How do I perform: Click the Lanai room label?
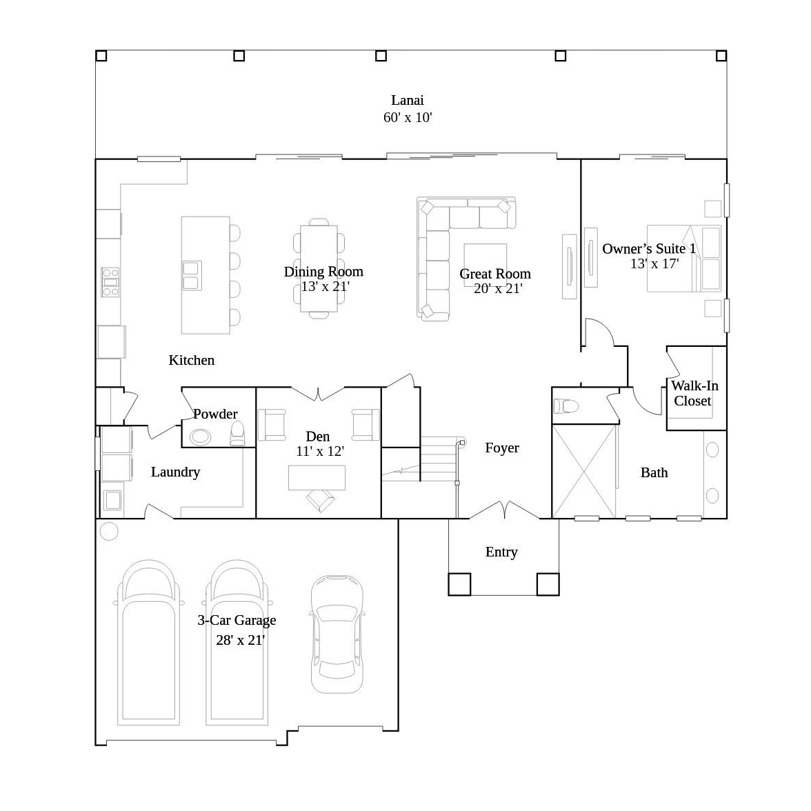(408, 101)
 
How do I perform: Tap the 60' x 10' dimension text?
(408, 117)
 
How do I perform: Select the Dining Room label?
(323, 272)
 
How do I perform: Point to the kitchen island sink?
(192, 276)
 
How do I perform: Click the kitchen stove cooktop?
(110, 283)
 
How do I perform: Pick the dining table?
(319, 268)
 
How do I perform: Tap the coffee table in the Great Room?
(485, 265)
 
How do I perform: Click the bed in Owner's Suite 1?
(684, 259)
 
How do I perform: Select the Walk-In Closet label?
(694, 393)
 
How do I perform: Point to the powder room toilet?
(237, 433)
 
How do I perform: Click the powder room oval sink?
(200, 437)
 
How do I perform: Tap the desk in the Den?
(317, 477)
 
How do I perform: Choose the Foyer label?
(502, 448)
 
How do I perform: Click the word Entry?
(501, 552)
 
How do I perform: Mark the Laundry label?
(175, 472)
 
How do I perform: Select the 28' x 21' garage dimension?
(240, 640)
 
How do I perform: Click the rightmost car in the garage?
(337, 634)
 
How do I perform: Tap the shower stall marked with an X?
(584, 471)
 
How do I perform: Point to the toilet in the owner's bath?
(565, 406)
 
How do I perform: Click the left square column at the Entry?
(459, 585)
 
